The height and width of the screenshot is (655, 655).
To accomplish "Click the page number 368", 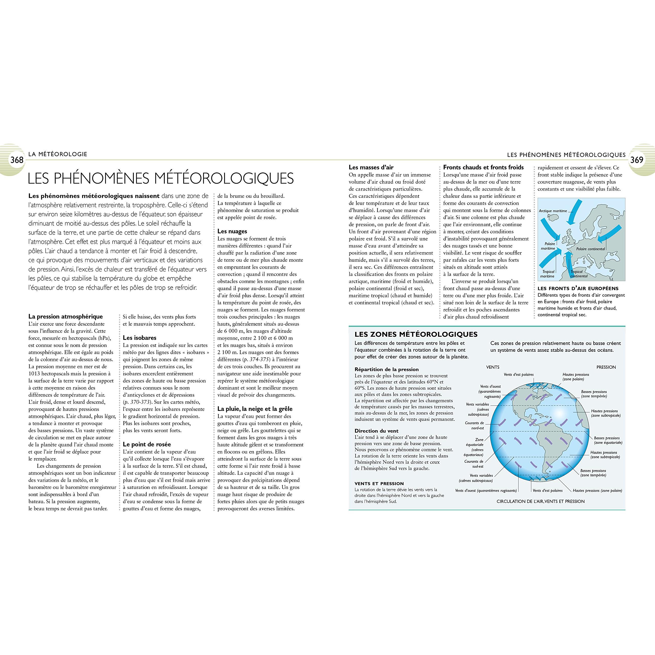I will [x=17, y=160].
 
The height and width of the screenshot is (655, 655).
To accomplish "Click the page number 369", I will [x=637, y=160].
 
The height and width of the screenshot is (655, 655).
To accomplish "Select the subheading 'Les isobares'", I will [x=139, y=338].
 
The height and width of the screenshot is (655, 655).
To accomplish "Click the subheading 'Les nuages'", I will [x=232, y=231].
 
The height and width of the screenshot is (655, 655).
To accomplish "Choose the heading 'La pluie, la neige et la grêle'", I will [x=255, y=409].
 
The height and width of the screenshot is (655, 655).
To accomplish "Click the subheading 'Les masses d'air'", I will [x=371, y=167].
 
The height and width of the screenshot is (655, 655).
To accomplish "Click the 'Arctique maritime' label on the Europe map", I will [x=553, y=211].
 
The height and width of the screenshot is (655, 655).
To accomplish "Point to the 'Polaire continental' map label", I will [x=590, y=249].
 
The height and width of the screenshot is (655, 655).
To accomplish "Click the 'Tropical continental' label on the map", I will [x=579, y=274].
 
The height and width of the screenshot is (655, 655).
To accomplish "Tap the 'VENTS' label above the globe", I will [x=493, y=367].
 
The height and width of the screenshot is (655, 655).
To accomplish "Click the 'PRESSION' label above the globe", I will [x=606, y=367].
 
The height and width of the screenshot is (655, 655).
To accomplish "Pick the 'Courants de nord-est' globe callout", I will [x=475, y=425].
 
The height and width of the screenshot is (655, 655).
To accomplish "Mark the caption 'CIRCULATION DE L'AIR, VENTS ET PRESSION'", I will [x=540, y=501].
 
